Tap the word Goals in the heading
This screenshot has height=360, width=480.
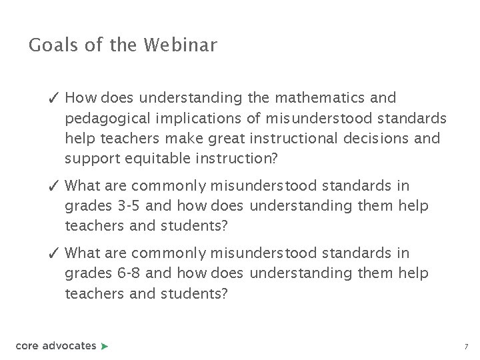(51, 45)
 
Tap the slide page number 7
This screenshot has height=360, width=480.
(466, 347)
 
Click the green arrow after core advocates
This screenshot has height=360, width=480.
(104, 345)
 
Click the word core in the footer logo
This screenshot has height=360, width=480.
(27, 345)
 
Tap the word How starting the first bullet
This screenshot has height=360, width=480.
(81, 98)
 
